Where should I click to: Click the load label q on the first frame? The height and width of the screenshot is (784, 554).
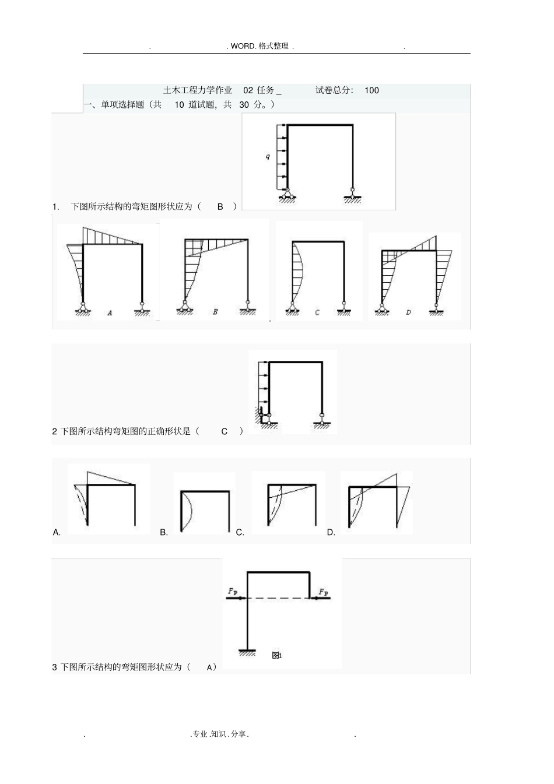click(268, 157)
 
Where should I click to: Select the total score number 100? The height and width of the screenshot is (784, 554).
click(371, 90)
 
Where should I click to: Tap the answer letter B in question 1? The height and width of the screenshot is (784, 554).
click(220, 206)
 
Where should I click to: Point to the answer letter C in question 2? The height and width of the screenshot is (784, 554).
click(225, 431)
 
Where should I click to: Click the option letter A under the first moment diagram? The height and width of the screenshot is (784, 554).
click(110, 313)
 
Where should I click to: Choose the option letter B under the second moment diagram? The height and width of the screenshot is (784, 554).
click(215, 312)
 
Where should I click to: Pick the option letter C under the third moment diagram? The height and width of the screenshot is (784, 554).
click(317, 312)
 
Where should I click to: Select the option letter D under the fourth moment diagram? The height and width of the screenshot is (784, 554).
click(408, 312)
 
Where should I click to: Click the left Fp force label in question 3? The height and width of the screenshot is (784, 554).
click(232, 592)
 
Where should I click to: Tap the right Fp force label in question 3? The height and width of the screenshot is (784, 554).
click(323, 592)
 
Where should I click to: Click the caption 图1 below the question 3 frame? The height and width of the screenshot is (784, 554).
click(277, 655)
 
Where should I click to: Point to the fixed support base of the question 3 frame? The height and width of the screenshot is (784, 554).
click(248, 651)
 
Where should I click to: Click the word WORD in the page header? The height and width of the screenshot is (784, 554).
click(243, 46)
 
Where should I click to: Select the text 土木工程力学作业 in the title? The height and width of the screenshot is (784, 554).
click(198, 90)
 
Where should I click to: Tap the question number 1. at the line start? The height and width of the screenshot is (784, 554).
click(56, 206)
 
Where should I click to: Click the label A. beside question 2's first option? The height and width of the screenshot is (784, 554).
click(57, 532)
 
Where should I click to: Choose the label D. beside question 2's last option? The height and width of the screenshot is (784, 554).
click(331, 532)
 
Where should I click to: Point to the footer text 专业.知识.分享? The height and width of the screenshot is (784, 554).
click(220, 734)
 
